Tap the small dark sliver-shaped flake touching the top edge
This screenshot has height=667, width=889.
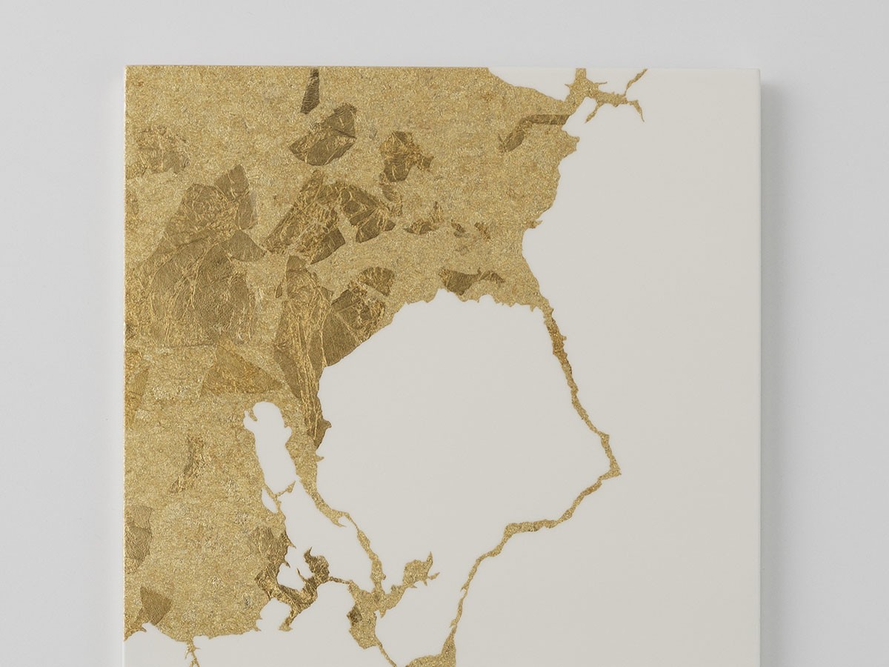(x=311, y=91)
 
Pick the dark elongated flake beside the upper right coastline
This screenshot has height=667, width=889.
(x=530, y=130)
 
